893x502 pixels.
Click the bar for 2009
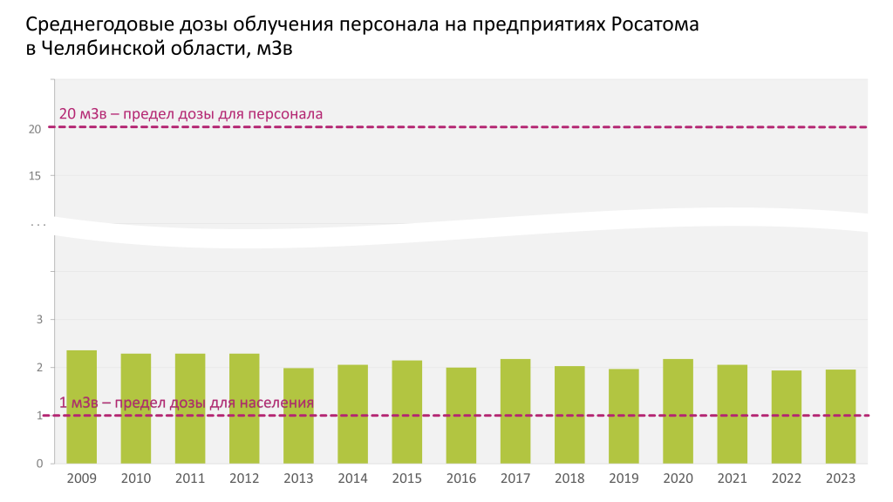tap(82, 407)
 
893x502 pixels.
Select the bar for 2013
tap(298, 416)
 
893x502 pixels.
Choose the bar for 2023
tap(841, 417)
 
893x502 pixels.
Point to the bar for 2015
tap(406, 412)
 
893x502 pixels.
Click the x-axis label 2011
tap(190, 478)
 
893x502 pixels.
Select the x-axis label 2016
tap(460, 478)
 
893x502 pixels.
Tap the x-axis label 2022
tap(787, 478)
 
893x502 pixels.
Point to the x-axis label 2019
tap(624, 478)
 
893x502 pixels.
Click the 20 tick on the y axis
tap(35, 129)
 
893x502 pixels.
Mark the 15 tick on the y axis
tap(35, 176)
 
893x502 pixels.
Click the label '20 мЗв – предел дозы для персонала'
tap(191, 113)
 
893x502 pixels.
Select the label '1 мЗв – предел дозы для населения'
tap(187, 403)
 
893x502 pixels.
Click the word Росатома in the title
tap(658, 24)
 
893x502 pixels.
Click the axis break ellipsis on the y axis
tap(38, 225)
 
